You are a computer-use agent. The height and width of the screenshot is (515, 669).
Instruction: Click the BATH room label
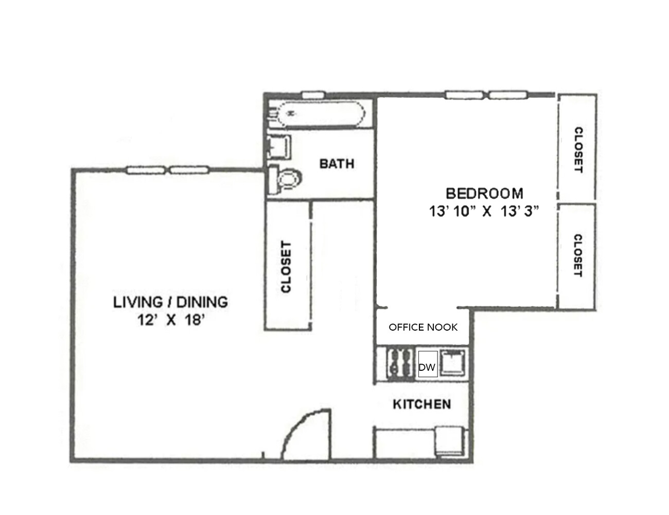[x=337, y=164]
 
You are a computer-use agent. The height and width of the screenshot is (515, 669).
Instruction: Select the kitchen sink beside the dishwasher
[x=453, y=363]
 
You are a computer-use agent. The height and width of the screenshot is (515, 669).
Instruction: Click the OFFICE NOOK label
[x=422, y=328]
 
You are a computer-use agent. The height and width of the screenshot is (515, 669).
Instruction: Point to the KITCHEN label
[x=421, y=404]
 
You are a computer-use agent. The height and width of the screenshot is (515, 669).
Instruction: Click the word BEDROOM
[x=484, y=194]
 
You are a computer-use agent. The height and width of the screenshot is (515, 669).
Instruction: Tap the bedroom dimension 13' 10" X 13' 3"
[x=484, y=211]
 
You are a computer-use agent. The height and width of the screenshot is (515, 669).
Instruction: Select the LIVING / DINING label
[x=170, y=302]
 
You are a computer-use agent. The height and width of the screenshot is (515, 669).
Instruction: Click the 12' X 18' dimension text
[x=171, y=320]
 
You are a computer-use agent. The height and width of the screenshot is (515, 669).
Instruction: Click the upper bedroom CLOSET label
[x=578, y=149]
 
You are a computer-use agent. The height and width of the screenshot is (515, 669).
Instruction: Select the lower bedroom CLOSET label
[x=577, y=256]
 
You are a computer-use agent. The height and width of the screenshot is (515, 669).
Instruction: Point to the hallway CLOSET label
[x=287, y=267]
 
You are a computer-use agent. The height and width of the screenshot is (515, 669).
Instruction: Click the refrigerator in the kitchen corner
[x=450, y=441]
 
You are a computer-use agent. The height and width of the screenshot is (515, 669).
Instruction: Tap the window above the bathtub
[x=312, y=95]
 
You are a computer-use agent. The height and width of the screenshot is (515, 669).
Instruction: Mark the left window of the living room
[x=145, y=170]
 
